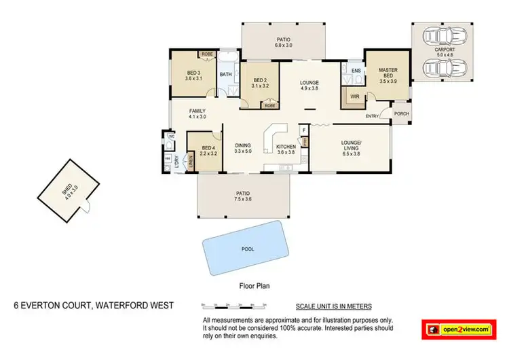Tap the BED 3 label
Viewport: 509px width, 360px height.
click(193, 75)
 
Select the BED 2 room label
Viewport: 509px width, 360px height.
click(260, 82)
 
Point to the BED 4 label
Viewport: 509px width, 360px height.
click(208, 149)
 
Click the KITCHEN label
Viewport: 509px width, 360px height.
click(285, 146)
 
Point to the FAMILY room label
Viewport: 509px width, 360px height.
click(197, 111)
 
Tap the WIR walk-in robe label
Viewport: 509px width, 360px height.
click(354, 97)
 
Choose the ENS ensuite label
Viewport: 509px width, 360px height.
click(355, 70)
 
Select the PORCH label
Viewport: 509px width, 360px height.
click(401, 114)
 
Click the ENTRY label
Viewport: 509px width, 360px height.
click(373, 116)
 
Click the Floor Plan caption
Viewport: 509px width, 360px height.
click(255, 287)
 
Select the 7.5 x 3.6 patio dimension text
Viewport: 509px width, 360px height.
click(244, 199)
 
